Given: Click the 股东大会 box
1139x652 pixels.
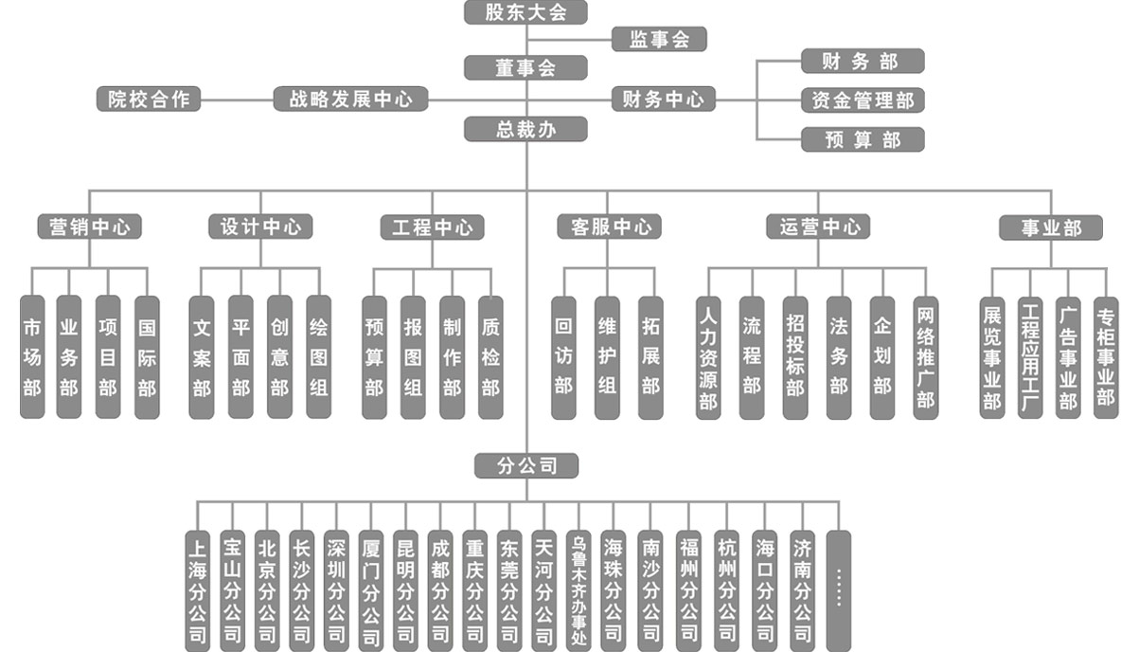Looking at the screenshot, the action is tap(525, 12).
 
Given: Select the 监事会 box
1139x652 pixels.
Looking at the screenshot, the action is tap(659, 39).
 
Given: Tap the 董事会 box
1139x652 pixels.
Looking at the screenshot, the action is tap(525, 67).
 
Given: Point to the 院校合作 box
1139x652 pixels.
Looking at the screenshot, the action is tap(149, 99).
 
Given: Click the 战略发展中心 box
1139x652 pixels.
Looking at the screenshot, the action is tap(351, 99).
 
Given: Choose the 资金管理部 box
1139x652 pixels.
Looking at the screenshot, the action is tap(863, 100).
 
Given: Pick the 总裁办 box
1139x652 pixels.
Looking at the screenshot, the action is tap(525, 129).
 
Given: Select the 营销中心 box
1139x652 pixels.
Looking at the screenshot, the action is tap(90, 226).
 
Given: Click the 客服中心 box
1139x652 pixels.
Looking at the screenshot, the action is tap(609, 226).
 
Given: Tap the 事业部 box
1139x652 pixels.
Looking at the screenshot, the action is tap(1051, 227).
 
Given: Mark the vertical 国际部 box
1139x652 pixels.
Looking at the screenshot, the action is tap(147, 357).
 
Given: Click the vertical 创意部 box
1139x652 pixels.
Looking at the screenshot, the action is tap(279, 357).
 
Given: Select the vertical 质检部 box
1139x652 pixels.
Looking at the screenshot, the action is tap(490, 357).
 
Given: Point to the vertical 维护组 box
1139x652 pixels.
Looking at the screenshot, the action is tap(607, 358).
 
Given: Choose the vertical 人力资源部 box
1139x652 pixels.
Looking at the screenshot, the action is tap(708, 358).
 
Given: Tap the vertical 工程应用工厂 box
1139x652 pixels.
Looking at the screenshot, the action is tap(1030, 358).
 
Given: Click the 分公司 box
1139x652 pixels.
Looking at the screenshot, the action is tap(526, 465).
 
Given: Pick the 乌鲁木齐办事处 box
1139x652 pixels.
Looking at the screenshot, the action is tap(578, 591).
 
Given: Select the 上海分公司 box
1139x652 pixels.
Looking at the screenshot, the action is tap(197, 591).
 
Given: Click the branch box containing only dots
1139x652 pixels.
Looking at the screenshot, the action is tap(839, 591).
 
